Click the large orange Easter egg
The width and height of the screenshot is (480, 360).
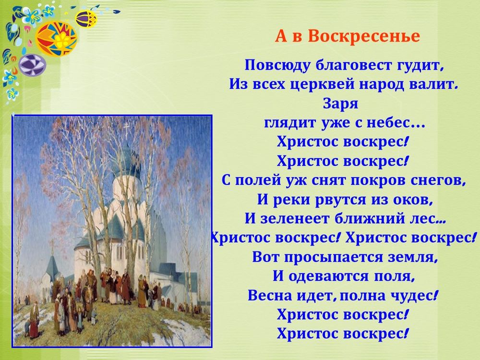pos(57,38)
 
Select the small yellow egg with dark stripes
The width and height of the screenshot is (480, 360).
pos(86,19)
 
